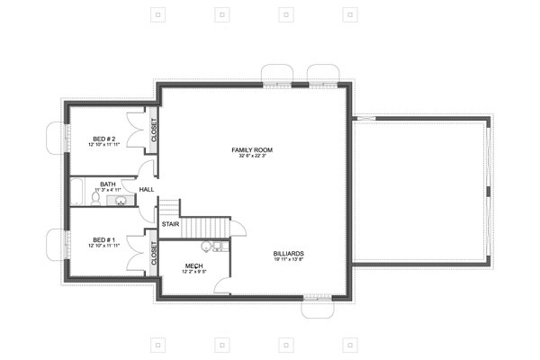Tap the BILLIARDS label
(x=288, y=254)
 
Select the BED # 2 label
(x=103, y=138)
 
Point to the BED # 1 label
(x=103, y=238)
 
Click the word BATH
(x=107, y=184)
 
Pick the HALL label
(x=146, y=189)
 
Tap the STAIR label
(x=169, y=224)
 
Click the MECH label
(x=193, y=265)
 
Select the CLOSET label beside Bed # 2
(x=154, y=131)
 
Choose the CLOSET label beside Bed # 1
(x=154, y=254)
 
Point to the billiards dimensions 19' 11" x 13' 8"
(x=288, y=261)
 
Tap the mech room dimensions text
(x=193, y=271)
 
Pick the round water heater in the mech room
(x=205, y=245)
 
